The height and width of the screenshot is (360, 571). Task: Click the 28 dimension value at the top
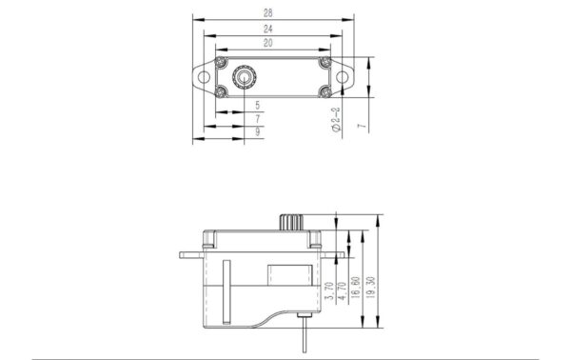pos(268,13)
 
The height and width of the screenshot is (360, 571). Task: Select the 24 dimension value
pos(268,29)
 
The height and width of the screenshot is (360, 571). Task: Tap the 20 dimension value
pos(268,43)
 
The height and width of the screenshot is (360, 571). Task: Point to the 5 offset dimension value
pos(258,106)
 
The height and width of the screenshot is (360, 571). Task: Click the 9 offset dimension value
pos(258,131)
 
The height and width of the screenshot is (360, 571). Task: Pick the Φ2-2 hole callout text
pos(337,119)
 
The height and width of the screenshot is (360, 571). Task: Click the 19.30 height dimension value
pos(371,288)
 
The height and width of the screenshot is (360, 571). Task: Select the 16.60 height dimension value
pos(356,288)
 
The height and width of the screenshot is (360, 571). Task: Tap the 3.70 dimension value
pos(329,290)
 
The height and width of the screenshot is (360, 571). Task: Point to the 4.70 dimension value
pos(343,290)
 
